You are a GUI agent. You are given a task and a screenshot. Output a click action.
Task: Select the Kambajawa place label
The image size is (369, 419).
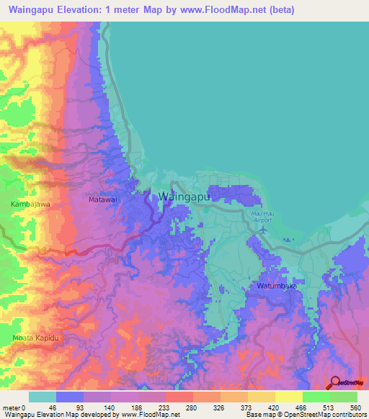coord(30,205)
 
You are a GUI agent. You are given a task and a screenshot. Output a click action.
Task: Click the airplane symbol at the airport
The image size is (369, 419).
coord(262,230)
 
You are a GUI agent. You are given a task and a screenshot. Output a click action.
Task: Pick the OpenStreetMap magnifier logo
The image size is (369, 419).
coord(334,383)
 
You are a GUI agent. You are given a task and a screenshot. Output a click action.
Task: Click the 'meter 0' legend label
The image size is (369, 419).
coord(14,407)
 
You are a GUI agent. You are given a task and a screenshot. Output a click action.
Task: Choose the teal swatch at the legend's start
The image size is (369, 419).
coord(43,397)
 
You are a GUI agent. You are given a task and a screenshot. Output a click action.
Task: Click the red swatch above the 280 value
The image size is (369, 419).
coord(179,397)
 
